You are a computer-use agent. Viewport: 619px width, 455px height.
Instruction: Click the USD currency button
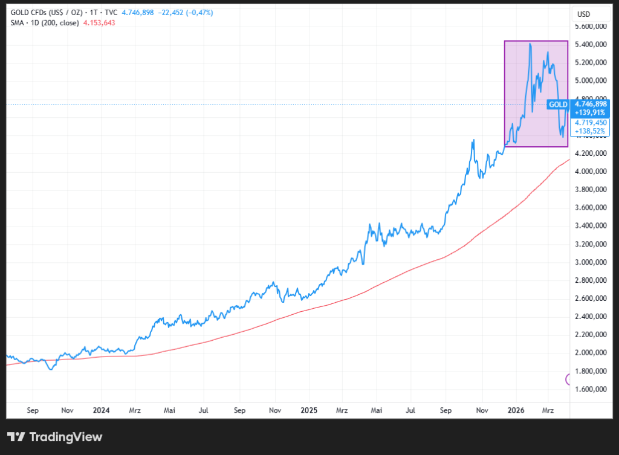[583, 14]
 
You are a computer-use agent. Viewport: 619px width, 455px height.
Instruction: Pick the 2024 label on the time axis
[101, 410]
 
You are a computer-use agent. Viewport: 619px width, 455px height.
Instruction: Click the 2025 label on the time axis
[309, 410]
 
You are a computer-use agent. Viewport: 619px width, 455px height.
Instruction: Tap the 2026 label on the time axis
[516, 410]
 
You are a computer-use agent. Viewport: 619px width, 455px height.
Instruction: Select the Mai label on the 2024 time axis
[170, 410]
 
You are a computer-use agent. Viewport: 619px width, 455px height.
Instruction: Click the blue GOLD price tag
[557, 105]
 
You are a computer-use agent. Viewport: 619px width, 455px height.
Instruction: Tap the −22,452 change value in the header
[174, 12]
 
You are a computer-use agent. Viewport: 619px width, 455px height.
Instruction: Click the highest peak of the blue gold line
[530, 44]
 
